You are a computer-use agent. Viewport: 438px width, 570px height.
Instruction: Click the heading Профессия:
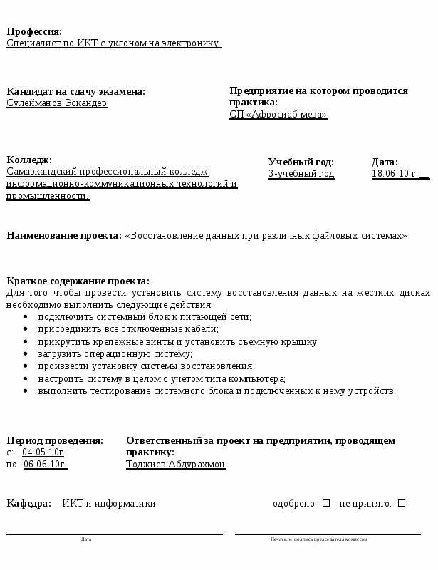pos(34,31)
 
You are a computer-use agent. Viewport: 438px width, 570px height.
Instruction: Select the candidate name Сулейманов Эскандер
pos(57,103)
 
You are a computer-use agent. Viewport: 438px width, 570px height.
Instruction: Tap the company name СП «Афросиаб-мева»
pos(278,114)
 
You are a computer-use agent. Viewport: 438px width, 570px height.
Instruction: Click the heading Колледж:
pos(29,160)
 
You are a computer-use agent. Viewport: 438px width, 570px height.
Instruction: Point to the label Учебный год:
pos(301,162)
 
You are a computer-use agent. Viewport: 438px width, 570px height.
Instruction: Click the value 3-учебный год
pos(301,173)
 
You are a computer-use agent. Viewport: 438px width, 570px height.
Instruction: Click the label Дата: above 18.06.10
pos(385,162)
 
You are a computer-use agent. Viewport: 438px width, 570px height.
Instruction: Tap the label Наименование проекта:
pos(64,235)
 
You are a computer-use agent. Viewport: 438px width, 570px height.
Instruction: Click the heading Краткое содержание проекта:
pos(78,281)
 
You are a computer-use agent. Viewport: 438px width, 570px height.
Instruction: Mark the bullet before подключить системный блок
pos(26,317)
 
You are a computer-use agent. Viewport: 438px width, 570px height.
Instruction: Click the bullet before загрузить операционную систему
pos(26,354)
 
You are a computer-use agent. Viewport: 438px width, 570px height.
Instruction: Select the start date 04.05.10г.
pos(43,452)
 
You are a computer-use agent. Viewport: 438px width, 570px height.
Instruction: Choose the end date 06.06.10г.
pos(46,464)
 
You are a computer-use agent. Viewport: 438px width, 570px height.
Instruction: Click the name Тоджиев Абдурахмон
pos(175,464)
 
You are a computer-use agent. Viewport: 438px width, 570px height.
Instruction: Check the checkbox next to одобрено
pos(326,503)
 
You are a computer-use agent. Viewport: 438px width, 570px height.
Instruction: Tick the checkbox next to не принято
pos(402,503)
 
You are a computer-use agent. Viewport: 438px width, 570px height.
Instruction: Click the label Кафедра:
pos(28,504)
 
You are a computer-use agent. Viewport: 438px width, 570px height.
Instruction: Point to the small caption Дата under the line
pos(86,539)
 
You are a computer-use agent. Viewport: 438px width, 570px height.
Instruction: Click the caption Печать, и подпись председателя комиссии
pos(318,539)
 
